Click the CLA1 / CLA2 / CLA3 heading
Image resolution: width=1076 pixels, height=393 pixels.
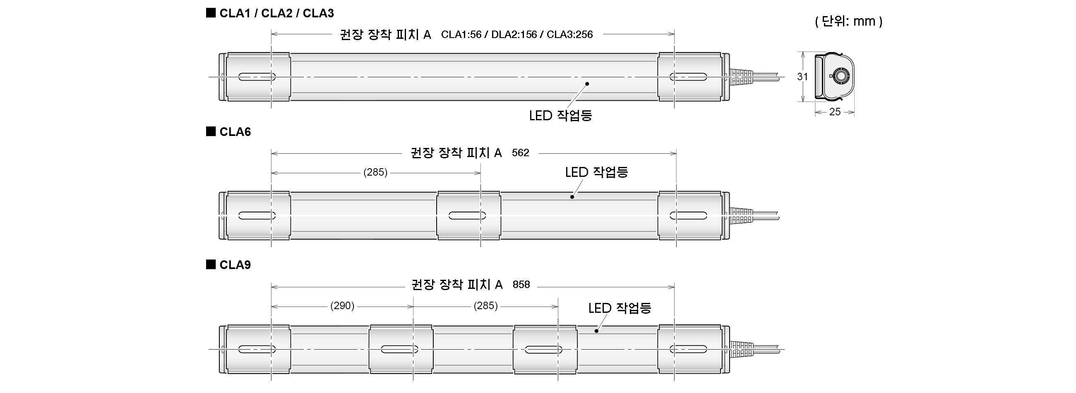(276, 13)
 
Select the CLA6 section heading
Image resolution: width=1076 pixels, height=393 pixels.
(235, 132)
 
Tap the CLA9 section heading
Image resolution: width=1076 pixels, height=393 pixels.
(235, 265)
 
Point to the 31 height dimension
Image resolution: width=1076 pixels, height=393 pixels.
(802, 77)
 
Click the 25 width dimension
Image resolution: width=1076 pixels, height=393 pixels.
(835, 112)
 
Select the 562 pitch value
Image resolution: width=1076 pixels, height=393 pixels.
(521, 152)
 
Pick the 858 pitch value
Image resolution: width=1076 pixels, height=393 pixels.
(521, 285)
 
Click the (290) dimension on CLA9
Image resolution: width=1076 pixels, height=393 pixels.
(342, 306)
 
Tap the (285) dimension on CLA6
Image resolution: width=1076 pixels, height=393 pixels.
(375, 172)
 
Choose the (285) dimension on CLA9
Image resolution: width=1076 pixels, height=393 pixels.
(485, 306)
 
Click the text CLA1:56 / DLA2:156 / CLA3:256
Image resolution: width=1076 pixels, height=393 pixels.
(517, 34)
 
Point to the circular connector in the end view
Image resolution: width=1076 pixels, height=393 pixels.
(840, 76)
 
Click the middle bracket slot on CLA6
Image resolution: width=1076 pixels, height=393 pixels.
(467, 216)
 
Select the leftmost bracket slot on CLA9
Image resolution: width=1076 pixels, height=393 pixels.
(257, 349)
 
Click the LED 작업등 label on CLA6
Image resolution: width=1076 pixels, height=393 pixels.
(596, 172)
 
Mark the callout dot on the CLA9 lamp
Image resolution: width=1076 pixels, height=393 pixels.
(596, 331)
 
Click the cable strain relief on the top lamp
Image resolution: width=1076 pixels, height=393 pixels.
(741, 77)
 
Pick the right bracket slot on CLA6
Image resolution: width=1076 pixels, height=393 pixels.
(688, 216)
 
